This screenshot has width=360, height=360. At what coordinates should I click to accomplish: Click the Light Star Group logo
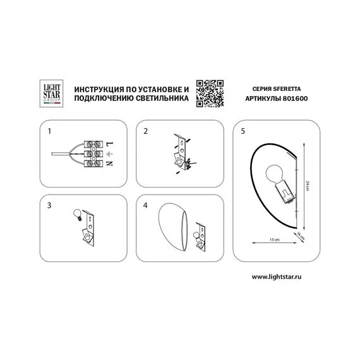[51, 93]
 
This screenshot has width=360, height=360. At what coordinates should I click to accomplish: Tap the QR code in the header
[210, 93]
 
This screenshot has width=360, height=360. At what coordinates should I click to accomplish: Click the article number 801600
[295, 99]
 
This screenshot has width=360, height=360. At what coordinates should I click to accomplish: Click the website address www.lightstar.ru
[277, 277]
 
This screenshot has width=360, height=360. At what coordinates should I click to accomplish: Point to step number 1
[49, 131]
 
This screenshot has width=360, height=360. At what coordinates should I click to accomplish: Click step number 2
[145, 131]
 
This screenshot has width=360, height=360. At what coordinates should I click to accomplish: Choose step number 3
[49, 205]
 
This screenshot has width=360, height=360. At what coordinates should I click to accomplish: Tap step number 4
[145, 205]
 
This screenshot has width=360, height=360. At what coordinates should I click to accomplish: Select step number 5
[243, 131]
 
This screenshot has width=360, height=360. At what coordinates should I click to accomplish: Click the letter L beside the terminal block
[110, 145]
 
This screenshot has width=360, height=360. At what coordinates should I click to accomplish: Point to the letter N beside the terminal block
[109, 164]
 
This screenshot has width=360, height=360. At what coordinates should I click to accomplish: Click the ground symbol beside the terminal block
[110, 154]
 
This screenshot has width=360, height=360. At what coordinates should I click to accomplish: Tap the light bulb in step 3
[78, 215]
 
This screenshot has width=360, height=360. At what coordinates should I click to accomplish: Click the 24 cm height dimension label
[308, 186]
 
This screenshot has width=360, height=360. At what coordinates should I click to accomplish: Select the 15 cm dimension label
[275, 240]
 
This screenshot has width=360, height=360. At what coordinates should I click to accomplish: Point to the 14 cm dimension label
[301, 236]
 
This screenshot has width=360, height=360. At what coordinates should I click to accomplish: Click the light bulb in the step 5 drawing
[274, 174]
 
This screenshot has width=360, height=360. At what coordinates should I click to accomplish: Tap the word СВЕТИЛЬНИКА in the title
[162, 99]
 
